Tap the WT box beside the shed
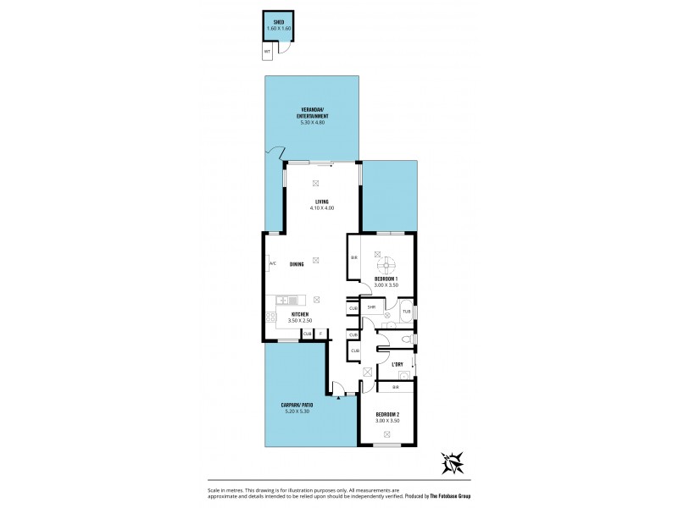268,52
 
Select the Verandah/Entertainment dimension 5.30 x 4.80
313,124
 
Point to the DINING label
297,264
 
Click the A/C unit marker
272,264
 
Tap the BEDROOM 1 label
386,279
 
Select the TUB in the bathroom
406,312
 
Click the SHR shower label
371,306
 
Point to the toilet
407,340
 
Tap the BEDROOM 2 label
386,415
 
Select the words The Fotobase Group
447,496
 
